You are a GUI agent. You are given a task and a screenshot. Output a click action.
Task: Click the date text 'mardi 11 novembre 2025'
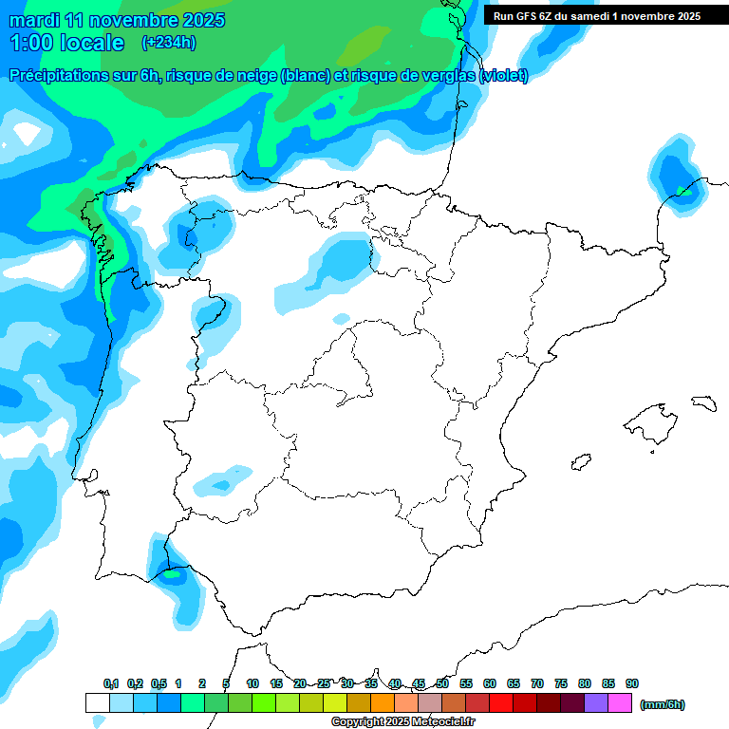[117, 20]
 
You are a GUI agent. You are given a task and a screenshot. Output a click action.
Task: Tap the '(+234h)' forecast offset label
[168, 42]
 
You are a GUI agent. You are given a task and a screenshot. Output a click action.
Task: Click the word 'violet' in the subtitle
[504, 76]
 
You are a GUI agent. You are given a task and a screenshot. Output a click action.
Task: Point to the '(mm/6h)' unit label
[663, 704]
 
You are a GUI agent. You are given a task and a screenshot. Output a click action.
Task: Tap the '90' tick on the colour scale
[632, 683]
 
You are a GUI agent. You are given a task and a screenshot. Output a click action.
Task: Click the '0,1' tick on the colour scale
[111, 683]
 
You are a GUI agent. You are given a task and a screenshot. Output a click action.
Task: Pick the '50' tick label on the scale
[442, 683]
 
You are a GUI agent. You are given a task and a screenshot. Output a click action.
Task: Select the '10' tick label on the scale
[252, 683]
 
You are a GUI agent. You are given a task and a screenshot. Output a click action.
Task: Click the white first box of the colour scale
[98, 702]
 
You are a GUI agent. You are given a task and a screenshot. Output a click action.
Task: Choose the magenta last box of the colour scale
[620, 702]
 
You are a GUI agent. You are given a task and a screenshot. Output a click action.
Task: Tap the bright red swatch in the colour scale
[501, 702]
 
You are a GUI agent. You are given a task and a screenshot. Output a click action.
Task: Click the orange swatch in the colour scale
[383, 702]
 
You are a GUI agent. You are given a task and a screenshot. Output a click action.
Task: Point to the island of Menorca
[703, 403]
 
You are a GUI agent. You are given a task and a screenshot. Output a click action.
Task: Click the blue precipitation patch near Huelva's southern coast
[175, 574]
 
